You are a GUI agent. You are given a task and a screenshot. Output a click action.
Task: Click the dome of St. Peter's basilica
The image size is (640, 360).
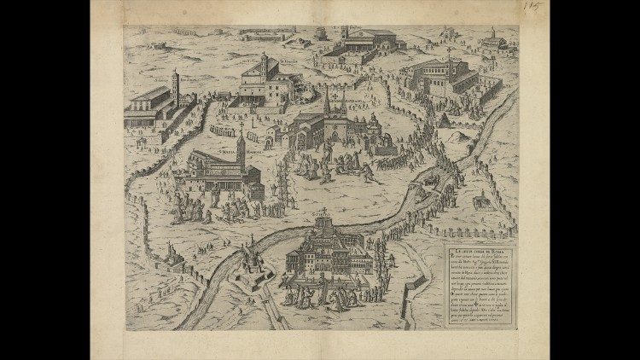coord(322,224)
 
